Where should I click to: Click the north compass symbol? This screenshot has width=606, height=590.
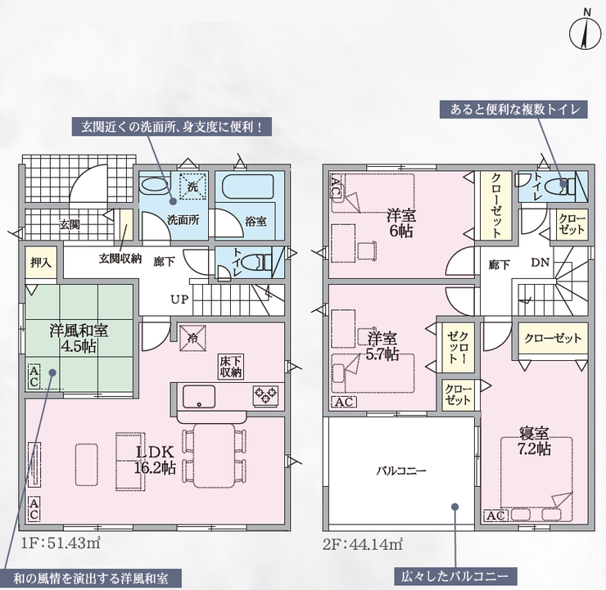pos(586,34)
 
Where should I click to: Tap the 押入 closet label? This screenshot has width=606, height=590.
pos(41,263)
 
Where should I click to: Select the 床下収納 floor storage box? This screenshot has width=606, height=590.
pos(231,367)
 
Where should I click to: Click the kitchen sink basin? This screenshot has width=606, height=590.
pos(199,396)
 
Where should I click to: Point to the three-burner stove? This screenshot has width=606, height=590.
pos(265,395)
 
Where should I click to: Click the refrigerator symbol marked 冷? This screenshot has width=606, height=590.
pos(192,338)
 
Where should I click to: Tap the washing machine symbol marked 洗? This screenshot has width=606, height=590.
pos(192,186)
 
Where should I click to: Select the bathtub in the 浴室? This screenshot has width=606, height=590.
pos(248,187)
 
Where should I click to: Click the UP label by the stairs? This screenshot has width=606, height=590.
pos(179,300)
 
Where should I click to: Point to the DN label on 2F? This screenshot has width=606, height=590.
pos(540,263)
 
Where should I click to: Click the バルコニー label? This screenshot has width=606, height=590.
pos(401,471)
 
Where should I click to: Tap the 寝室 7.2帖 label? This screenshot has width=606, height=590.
pos(535,441)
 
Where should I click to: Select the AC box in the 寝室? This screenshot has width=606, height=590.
pos(495,515)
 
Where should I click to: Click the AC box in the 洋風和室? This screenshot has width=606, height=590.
pos(34,377)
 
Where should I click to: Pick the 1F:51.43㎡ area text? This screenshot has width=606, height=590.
pos(61,543)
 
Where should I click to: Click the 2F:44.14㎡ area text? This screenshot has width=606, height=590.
pos(363,544)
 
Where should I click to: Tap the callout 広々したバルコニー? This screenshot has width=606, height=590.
pos(454,577)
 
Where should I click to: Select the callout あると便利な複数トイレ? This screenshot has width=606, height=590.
pos(514,110)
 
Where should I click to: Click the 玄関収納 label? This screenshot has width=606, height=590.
pos(120,259)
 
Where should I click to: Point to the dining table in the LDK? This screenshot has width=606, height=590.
pos(214,456)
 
